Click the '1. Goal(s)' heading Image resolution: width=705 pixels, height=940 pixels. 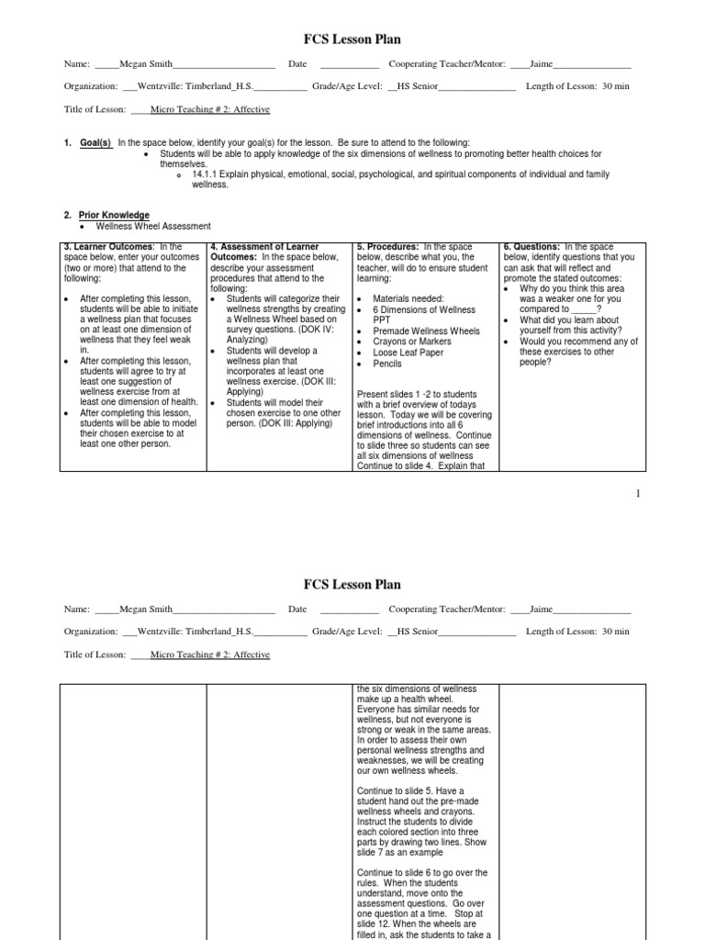coord(87,142)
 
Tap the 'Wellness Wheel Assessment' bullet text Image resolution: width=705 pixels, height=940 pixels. coord(153,226)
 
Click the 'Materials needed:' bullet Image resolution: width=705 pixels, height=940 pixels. coord(408,298)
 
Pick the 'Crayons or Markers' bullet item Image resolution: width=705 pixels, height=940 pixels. coord(412,341)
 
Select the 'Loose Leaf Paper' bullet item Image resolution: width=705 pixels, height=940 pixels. coord(408,352)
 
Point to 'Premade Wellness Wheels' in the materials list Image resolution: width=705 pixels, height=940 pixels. coord(426,330)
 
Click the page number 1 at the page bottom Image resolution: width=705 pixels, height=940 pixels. coord(637,494)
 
